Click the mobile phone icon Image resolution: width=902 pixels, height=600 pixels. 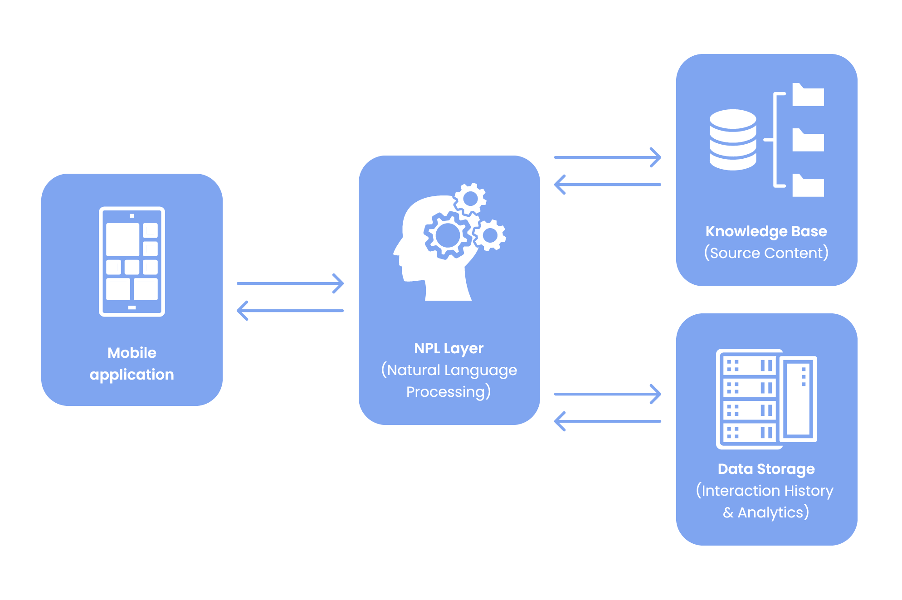click(x=132, y=261)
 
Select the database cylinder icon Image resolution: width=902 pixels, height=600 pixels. click(x=732, y=140)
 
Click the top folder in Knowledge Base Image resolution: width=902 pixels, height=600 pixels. click(x=808, y=95)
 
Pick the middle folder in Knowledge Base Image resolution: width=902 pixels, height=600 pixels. click(x=808, y=141)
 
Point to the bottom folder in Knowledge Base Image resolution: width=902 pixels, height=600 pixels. click(x=808, y=186)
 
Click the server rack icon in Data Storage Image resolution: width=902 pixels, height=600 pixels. click(x=766, y=399)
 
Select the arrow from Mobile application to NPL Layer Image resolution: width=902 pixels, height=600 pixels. click(x=290, y=283)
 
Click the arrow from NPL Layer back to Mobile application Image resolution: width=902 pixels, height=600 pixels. click(x=290, y=311)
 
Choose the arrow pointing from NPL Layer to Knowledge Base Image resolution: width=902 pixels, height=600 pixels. click(x=608, y=157)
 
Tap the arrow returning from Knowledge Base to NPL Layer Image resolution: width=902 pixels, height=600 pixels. click(x=608, y=185)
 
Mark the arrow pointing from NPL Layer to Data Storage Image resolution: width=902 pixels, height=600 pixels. click(x=608, y=394)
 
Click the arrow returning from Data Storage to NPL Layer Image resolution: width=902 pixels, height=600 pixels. click(x=608, y=421)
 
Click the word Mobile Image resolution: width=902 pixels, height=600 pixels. click(x=132, y=353)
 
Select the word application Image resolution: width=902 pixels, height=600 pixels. click(x=132, y=375)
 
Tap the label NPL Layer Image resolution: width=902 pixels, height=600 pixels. click(x=449, y=348)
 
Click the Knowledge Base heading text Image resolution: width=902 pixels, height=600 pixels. click(x=766, y=231)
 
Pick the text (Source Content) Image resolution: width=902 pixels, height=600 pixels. click(x=766, y=253)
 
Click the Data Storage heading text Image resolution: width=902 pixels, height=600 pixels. click(x=766, y=469)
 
